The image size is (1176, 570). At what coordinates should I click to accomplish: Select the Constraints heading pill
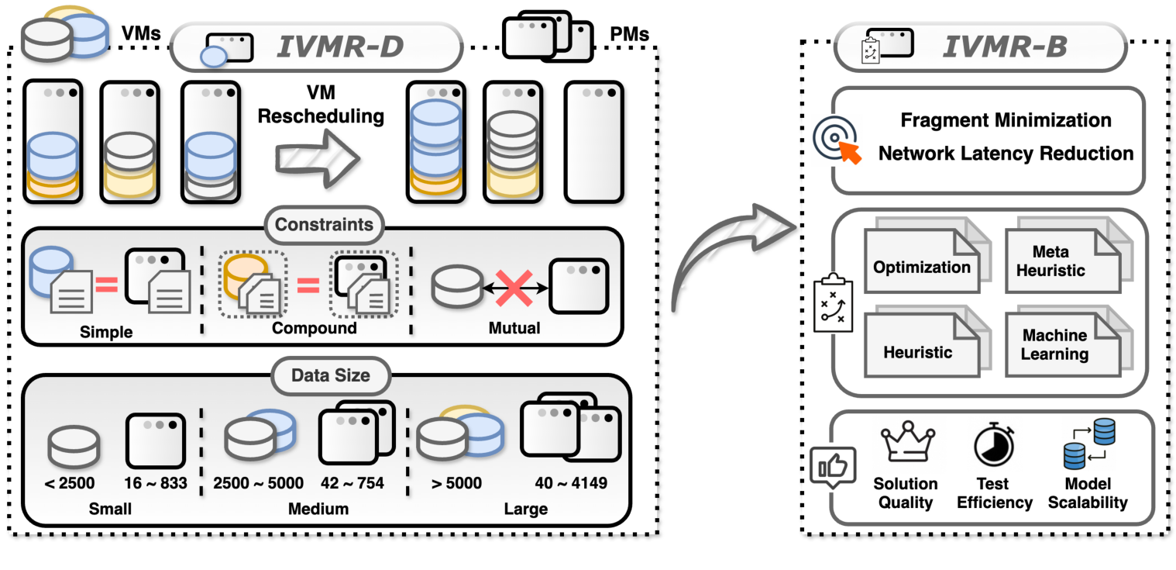click(324, 226)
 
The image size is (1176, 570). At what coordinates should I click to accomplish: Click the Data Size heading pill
click(330, 376)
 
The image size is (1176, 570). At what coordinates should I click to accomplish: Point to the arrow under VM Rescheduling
click(318, 157)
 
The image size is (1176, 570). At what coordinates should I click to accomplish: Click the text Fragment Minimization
click(1006, 120)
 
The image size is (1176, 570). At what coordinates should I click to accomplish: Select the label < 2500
click(70, 483)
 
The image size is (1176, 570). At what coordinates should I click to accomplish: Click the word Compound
click(314, 328)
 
